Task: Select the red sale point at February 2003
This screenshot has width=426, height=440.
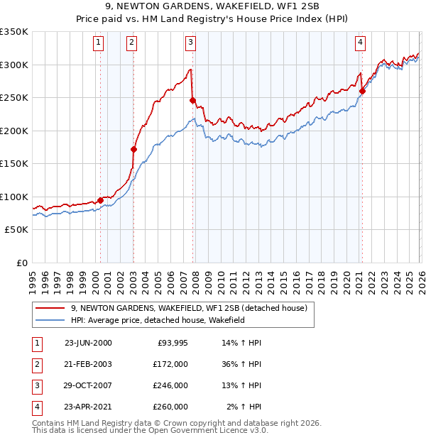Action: point(133,149)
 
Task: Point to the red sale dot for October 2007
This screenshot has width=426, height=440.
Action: point(192,100)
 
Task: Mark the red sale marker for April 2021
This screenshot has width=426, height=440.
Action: point(362,91)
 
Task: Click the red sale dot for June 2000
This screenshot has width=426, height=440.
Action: point(100,200)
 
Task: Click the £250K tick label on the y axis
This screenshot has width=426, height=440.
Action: point(14,98)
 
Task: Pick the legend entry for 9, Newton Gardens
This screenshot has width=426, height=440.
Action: point(189,308)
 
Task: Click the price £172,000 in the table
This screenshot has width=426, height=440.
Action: point(170,364)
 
